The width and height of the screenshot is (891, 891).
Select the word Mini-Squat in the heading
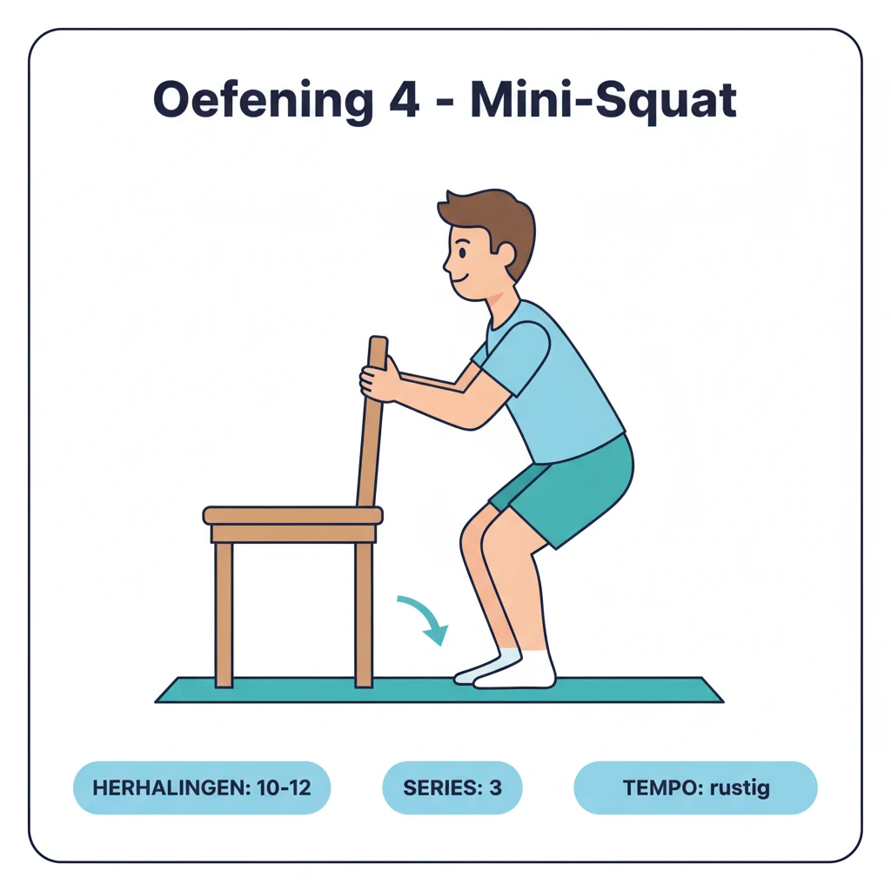pyautogui.click(x=603, y=103)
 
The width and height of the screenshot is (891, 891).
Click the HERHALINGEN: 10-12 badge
pyautogui.click(x=201, y=788)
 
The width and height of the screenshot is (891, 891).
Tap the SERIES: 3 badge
pyautogui.click(x=452, y=788)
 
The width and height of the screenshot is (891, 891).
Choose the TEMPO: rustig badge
pyautogui.click(x=695, y=788)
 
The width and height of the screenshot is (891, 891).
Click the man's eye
pyautogui.click(x=462, y=251)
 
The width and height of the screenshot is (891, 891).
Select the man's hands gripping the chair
pyautogui.click(x=379, y=381)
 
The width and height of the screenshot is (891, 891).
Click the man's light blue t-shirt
pyautogui.click(x=557, y=383)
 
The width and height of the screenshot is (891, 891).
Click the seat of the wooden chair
pyautogui.click(x=292, y=515)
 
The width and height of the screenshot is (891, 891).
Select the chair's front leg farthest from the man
pyautogui.click(x=224, y=613)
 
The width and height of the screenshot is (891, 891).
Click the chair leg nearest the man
pyautogui.click(x=364, y=613)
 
